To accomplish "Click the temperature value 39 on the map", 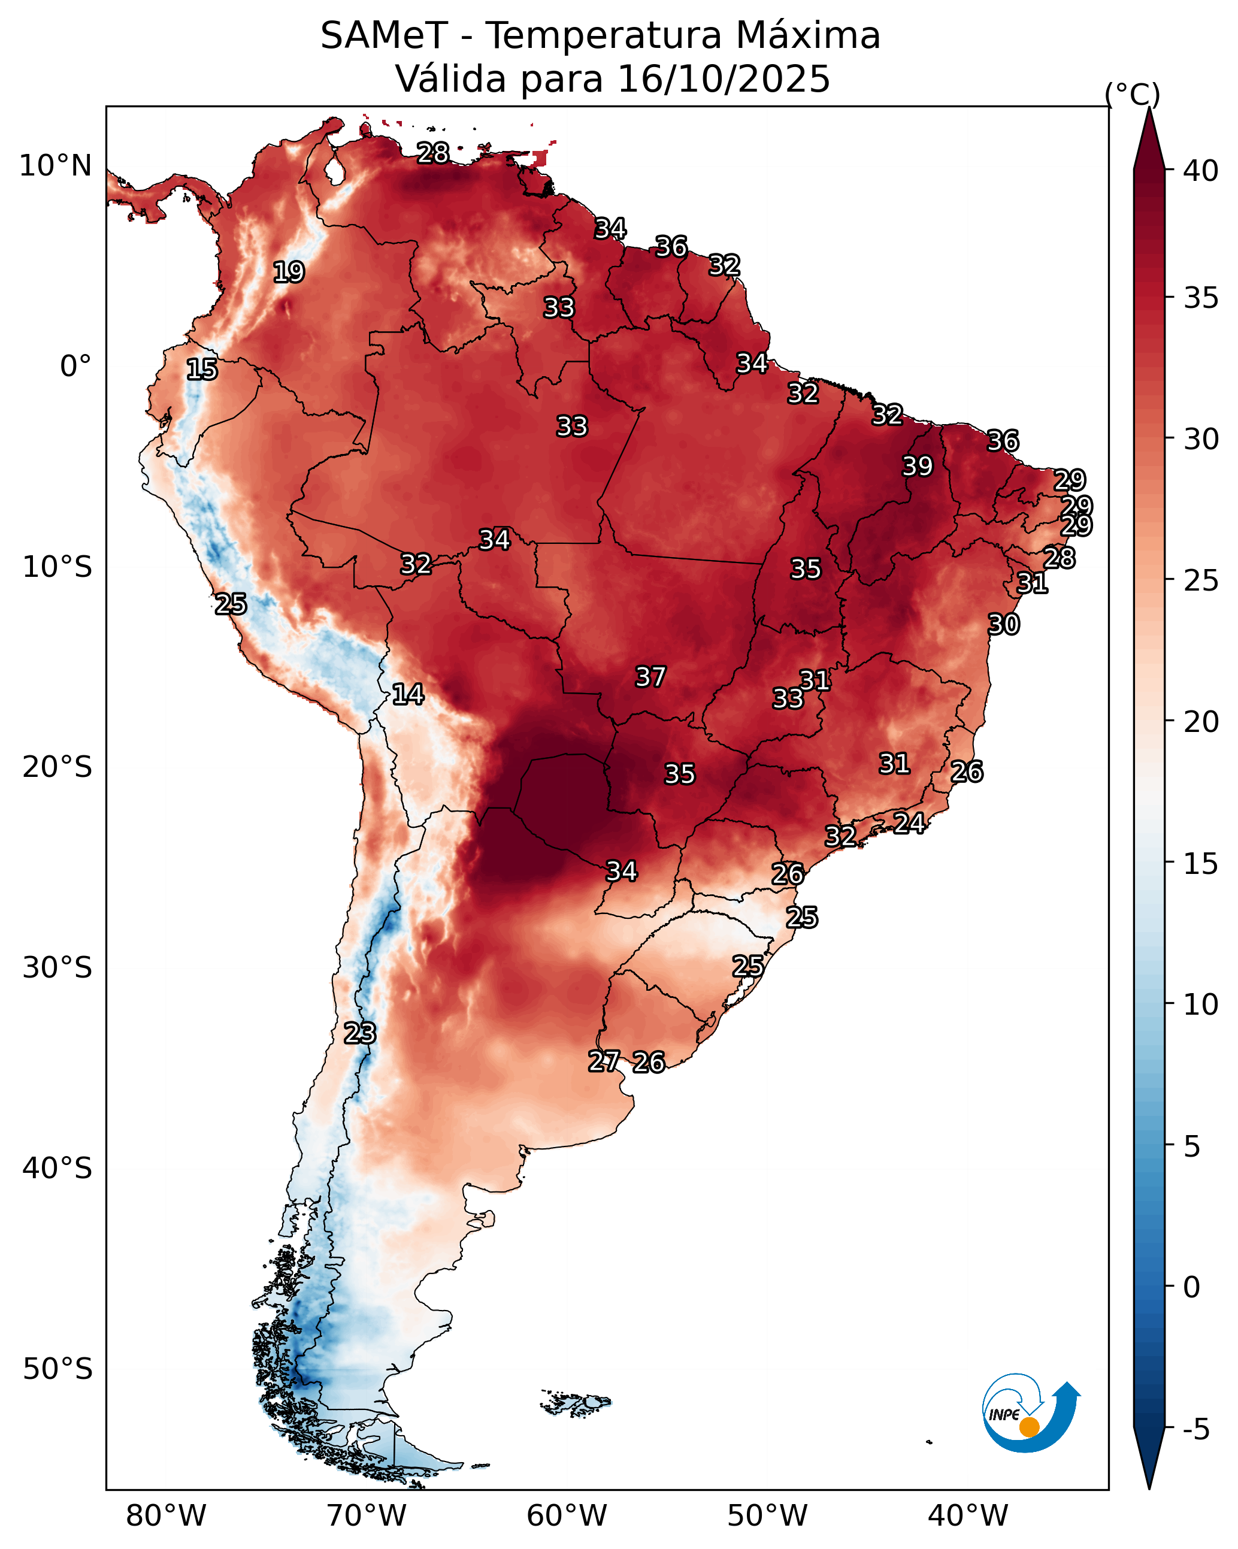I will point(918,466).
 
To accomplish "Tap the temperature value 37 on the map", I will point(650,677).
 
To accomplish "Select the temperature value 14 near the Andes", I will point(408,694).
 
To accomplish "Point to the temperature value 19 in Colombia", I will point(289,273).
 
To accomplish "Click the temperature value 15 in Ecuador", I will point(202,370).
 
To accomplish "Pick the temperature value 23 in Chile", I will point(359,1033).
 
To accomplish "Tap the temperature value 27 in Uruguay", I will point(604,1061).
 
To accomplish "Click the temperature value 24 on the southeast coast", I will point(909,822).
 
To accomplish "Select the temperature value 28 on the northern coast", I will point(433,153).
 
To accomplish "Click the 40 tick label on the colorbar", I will point(1201,171).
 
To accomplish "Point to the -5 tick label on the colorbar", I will point(1196,1430).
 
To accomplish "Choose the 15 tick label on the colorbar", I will point(1201,864).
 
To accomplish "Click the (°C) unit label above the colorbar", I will point(1133,94).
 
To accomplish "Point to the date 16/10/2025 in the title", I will point(724,78).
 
